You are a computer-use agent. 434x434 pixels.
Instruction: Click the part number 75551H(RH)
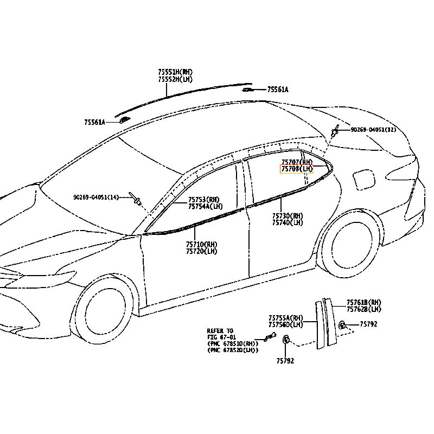pyautogui.click(x=175, y=72)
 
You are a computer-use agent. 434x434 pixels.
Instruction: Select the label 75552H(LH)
pyautogui.click(x=175, y=79)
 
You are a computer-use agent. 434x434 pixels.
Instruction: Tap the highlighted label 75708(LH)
pyautogui.click(x=296, y=169)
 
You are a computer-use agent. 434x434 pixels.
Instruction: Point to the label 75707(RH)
pyautogui.click(x=297, y=162)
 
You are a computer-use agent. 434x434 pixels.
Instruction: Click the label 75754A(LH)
pyautogui.click(x=205, y=207)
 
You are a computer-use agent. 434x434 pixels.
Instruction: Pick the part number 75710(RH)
pyautogui.click(x=201, y=245)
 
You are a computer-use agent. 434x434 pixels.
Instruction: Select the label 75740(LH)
pyautogui.click(x=288, y=222)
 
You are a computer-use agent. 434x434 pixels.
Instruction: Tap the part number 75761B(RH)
pyautogui.click(x=364, y=302)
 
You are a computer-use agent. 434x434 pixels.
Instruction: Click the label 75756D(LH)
pyautogui.click(x=286, y=324)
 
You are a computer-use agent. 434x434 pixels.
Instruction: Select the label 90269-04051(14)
pyautogui.click(x=96, y=197)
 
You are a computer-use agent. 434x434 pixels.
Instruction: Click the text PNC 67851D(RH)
pyautogui.click(x=233, y=343)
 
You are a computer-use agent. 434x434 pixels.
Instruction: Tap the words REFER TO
pyautogui.click(x=220, y=330)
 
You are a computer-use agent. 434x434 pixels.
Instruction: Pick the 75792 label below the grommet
pyautogui.click(x=285, y=361)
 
